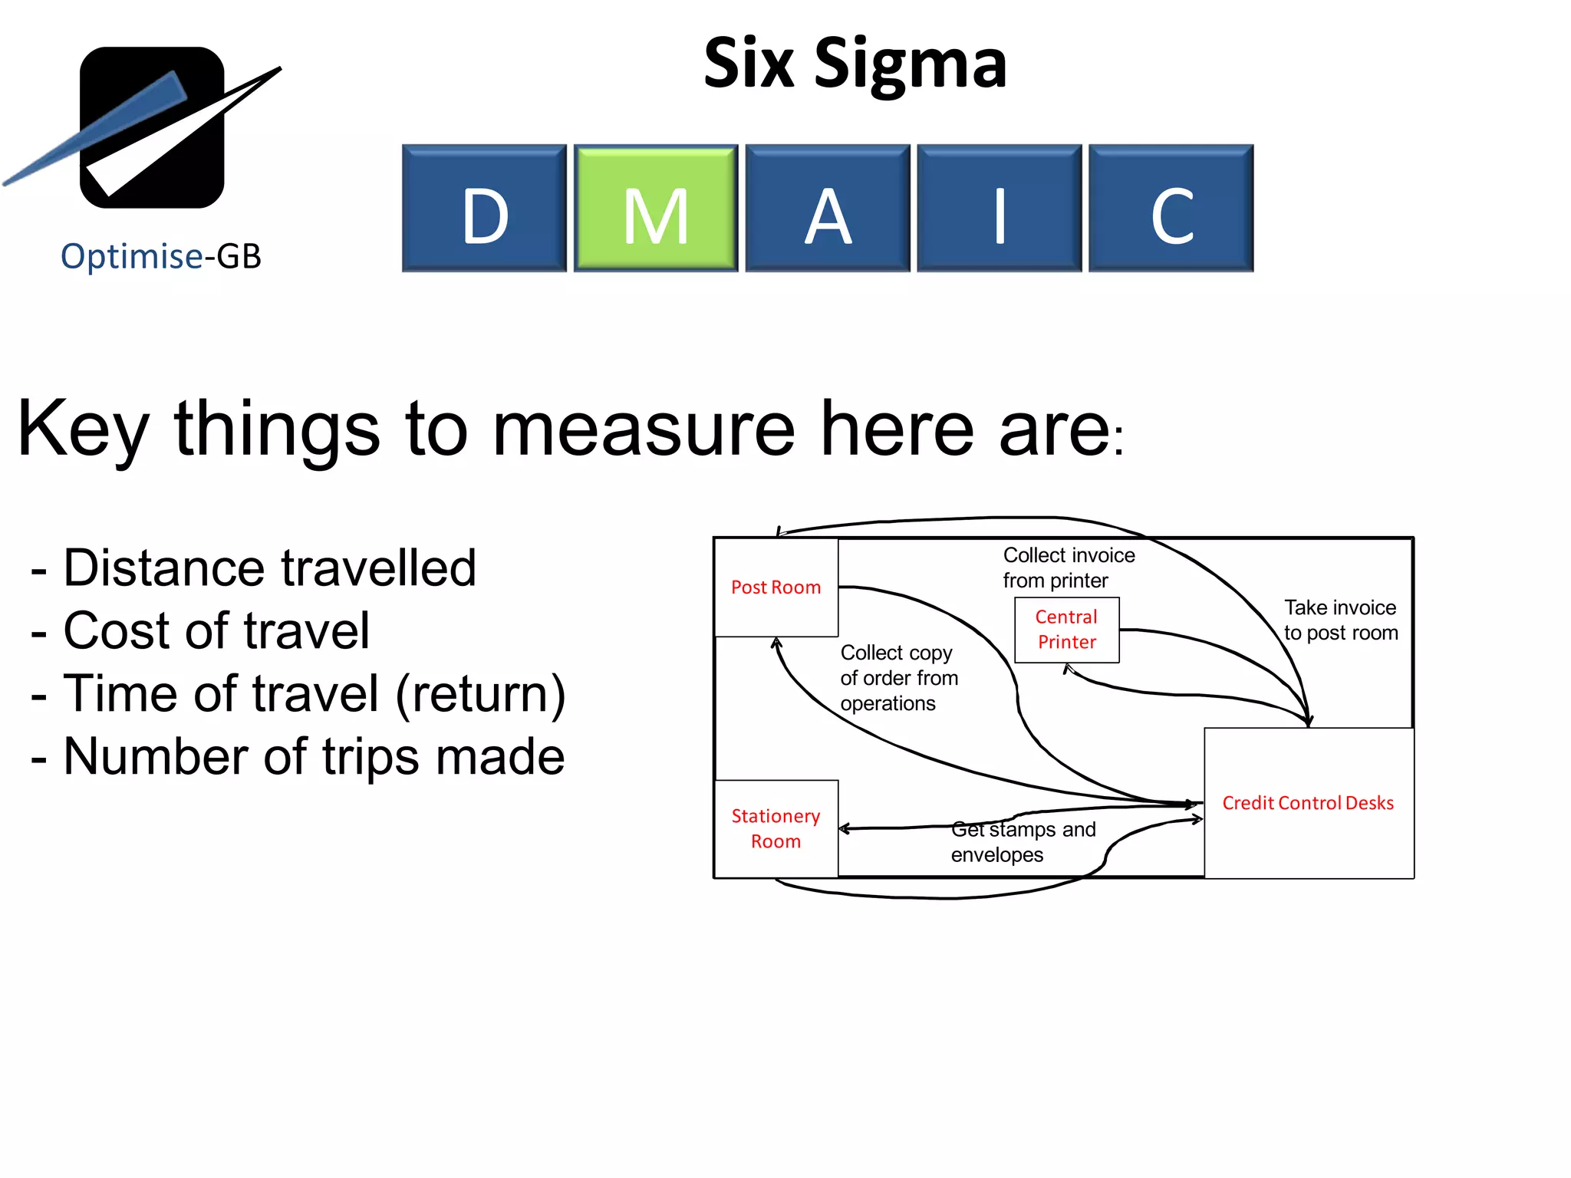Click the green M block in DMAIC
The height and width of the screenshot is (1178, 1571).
click(x=656, y=208)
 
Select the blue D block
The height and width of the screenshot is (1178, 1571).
click(x=484, y=208)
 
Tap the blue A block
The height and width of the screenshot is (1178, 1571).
click(x=828, y=208)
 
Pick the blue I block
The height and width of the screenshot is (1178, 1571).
click(x=1000, y=208)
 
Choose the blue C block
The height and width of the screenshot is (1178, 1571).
click(x=1171, y=208)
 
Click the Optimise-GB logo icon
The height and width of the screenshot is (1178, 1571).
click(x=152, y=127)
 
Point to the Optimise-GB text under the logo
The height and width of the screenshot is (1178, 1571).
click(x=161, y=256)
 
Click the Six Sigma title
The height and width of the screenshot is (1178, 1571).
click(x=855, y=64)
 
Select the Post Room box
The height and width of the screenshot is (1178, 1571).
click(x=776, y=587)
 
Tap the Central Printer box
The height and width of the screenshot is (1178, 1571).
click(x=1066, y=630)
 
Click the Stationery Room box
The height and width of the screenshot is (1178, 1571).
click(x=776, y=828)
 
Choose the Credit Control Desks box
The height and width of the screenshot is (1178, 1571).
click(x=1308, y=803)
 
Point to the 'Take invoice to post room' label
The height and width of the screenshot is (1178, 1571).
click(x=1340, y=620)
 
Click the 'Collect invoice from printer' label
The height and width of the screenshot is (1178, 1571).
click(x=1069, y=568)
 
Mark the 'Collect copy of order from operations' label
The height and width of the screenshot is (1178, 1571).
click(x=898, y=678)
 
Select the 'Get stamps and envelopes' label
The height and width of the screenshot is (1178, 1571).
click(x=1023, y=842)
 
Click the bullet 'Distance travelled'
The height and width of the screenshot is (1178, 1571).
click(x=268, y=568)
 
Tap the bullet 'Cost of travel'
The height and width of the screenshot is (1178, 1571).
click(x=216, y=631)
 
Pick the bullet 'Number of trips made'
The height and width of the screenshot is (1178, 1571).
click(x=313, y=757)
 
